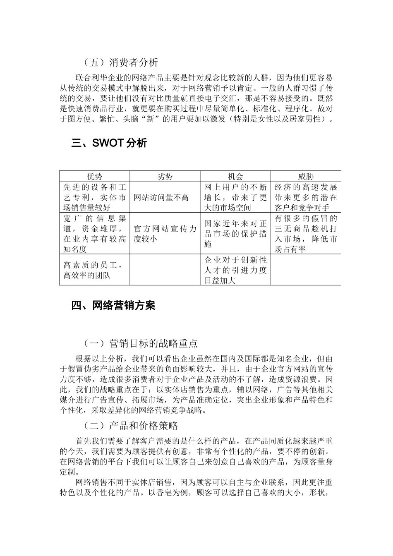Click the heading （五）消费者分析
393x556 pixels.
click(x=120, y=63)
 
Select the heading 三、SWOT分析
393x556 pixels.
click(x=109, y=144)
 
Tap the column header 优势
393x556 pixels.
click(x=95, y=177)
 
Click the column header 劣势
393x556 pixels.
click(x=165, y=177)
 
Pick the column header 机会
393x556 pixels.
click(x=235, y=177)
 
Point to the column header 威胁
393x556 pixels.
click(x=306, y=177)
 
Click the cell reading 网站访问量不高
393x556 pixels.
click(x=161, y=197)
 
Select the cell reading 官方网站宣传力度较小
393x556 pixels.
click(x=165, y=234)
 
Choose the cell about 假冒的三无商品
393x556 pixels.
click(x=306, y=234)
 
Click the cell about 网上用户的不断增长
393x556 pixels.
click(x=235, y=197)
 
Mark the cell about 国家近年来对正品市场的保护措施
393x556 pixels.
click(x=235, y=234)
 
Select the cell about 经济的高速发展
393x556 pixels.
click(x=306, y=197)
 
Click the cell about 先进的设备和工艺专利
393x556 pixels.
click(x=95, y=197)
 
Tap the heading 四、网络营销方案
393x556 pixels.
click(x=113, y=306)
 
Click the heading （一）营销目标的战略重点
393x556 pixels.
click(x=141, y=343)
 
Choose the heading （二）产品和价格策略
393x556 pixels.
click(x=131, y=426)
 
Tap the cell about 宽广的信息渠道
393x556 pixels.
click(x=95, y=234)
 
